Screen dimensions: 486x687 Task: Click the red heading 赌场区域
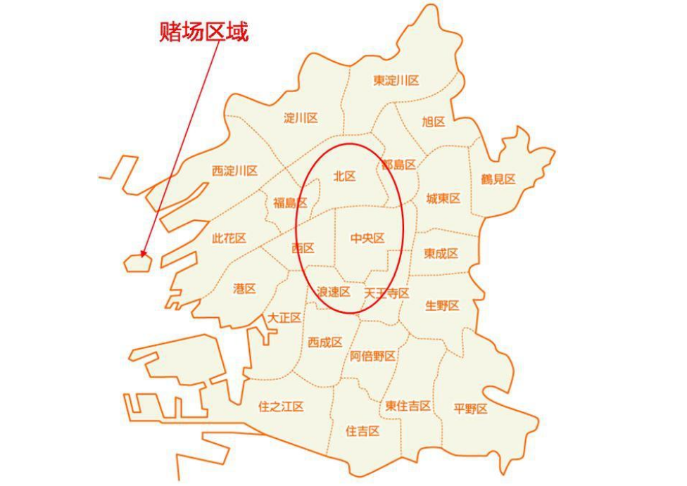pos(204,32)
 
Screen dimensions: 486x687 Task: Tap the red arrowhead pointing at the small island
pos(143,255)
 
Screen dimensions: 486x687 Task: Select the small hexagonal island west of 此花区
pos(137,263)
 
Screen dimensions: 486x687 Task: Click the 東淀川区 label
pos(396,81)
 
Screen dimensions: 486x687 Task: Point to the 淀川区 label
pos(301,117)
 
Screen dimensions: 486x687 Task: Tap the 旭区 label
pos(434,122)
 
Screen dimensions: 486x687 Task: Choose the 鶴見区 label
pos(498,179)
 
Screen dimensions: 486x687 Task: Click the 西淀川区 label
pos(234,170)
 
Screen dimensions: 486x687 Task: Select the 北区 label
pos(345,177)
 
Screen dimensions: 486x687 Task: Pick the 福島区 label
pos(290,203)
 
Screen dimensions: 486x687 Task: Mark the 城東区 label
pos(443,198)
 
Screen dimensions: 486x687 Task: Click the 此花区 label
pos(229,238)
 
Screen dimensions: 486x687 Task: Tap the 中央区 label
pos(367,238)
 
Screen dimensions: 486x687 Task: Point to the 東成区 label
pos(441,253)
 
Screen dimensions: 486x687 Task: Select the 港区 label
pos(244,288)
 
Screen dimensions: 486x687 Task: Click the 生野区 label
pos(442,305)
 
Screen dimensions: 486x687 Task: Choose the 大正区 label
pos(284,318)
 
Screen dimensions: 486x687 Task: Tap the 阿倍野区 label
pos(373,356)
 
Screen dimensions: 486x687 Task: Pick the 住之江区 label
pos(281,406)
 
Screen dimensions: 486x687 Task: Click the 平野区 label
pos(470,409)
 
